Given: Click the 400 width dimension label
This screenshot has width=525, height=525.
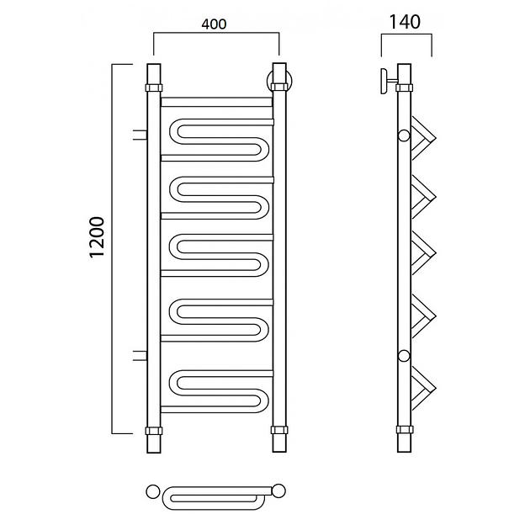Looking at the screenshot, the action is (x=214, y=24).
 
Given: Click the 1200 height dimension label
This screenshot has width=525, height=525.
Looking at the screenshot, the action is (x=97, y=237).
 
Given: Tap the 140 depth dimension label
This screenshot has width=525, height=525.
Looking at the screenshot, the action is (x=405, y=22).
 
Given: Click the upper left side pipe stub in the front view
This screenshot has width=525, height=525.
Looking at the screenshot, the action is (x=140, y=135).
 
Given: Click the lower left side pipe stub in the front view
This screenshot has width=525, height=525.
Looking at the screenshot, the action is (x=140, y=356).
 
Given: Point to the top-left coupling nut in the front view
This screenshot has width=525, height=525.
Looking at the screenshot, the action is (x=154, y=88).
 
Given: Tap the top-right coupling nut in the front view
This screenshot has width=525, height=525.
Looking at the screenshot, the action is (x=279, y=87).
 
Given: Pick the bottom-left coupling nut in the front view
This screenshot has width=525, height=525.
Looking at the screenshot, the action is (x=154, y=431).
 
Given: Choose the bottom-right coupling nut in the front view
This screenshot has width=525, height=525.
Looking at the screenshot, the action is (x=279, y=430).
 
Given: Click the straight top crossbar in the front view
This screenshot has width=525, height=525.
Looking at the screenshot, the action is (x=216, y=102).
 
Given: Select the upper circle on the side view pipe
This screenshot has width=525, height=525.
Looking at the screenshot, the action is (x=404, y=135).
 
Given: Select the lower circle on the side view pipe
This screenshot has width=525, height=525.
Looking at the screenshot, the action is (x=404, y=356).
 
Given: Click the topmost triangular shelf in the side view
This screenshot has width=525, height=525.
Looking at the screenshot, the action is (x=423, y=138).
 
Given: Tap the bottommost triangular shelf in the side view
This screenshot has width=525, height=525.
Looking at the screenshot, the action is (x=423, y=389).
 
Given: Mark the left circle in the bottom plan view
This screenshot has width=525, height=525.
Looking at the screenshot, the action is (x=153, y=491).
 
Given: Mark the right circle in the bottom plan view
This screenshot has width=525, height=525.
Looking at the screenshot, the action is (x=278, y=491).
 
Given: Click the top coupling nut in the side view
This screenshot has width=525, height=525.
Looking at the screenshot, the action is (x=404, y=88).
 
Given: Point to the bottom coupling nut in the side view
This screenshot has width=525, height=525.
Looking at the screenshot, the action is (x=405, y=430).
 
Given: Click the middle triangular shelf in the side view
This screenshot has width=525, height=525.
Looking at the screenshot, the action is (x=423, y=253).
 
